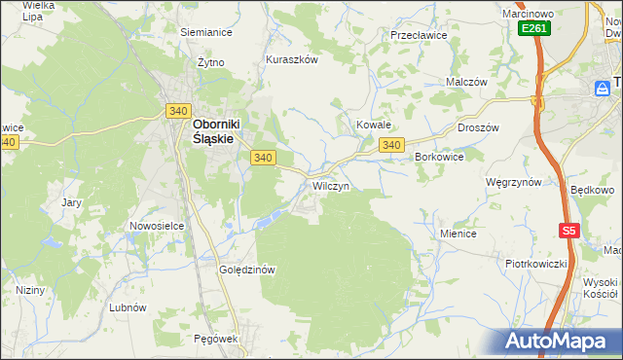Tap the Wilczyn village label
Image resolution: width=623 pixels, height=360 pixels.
330,185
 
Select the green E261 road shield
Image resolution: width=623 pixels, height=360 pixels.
533,29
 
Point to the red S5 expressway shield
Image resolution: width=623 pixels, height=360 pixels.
569,231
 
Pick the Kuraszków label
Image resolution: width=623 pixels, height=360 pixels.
292,58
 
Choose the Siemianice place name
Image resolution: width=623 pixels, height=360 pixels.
206,31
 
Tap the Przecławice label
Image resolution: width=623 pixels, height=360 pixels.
418,34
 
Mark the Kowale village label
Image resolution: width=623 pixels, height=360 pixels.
373,126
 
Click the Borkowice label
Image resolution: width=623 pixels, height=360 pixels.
439,156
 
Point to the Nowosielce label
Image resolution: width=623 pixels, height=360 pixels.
158,226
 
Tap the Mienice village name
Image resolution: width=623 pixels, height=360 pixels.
458,234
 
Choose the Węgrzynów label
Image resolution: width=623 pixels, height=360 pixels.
513,182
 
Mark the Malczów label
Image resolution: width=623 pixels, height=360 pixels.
465,83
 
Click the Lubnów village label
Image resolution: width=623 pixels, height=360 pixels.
128,306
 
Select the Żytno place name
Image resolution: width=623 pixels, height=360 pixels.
210,61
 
